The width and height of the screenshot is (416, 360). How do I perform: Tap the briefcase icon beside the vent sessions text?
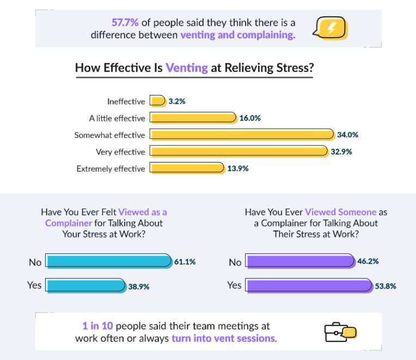(x=340, y=331)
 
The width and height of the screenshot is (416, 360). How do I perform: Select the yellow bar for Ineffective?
(x=158, y=101)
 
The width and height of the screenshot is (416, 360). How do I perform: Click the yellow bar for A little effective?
(x=193, y=118)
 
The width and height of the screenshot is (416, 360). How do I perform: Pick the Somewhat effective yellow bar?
(x=242, y=135)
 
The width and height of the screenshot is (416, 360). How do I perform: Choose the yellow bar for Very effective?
(x=239, y=151)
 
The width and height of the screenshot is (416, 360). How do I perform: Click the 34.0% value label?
(x=347, y=135)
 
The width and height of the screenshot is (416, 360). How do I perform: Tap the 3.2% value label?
(x=177, y=101)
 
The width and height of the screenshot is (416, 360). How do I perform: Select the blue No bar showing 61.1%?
(x=108, y=261)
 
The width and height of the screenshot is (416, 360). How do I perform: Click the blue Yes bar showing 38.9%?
(x=85, y=285)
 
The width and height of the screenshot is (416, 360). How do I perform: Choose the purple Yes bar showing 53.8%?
(x=309, y=285)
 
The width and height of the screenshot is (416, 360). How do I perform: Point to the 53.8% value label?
(x=386, y=286)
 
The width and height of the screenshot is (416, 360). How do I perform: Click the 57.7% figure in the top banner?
(x=125, y=23)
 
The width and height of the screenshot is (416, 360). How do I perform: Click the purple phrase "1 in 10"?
(x=97, y=326)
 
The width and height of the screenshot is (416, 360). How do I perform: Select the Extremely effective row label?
(x=111, y=169)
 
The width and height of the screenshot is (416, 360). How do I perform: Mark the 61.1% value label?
(x=185, y=262)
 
